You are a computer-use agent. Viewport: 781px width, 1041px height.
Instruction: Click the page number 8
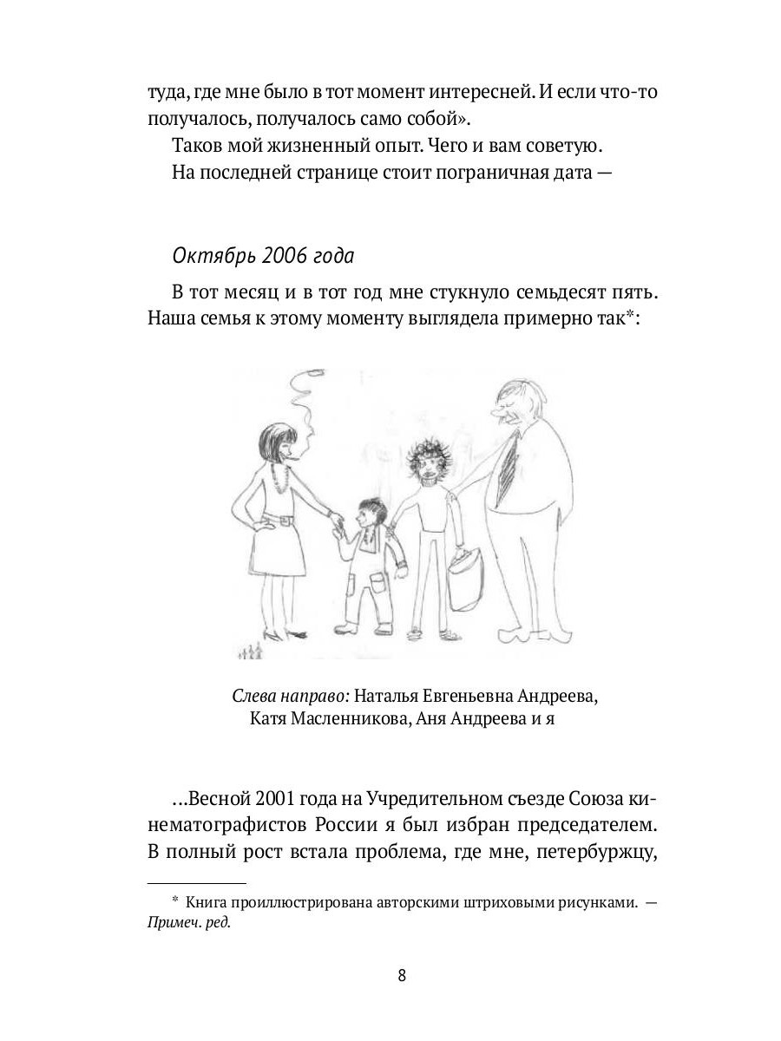click(x=401, y=974)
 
